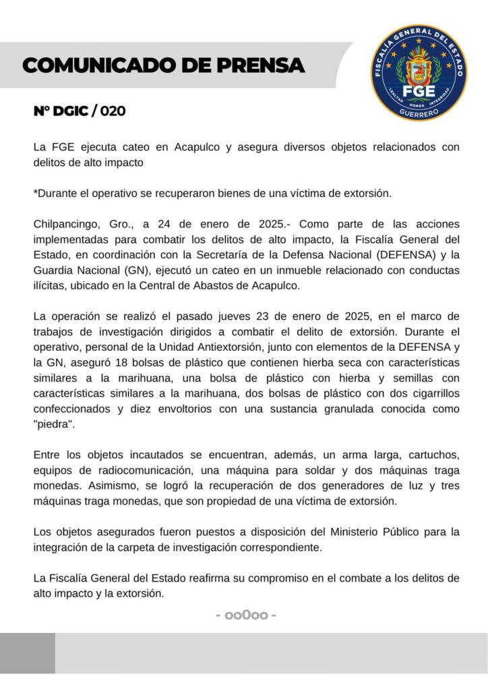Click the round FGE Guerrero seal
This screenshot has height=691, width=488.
(419, 72)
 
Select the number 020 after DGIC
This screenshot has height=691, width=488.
(113, 111)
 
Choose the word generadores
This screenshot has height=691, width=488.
(332, 489)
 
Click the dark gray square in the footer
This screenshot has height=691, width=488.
(28, 653)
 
